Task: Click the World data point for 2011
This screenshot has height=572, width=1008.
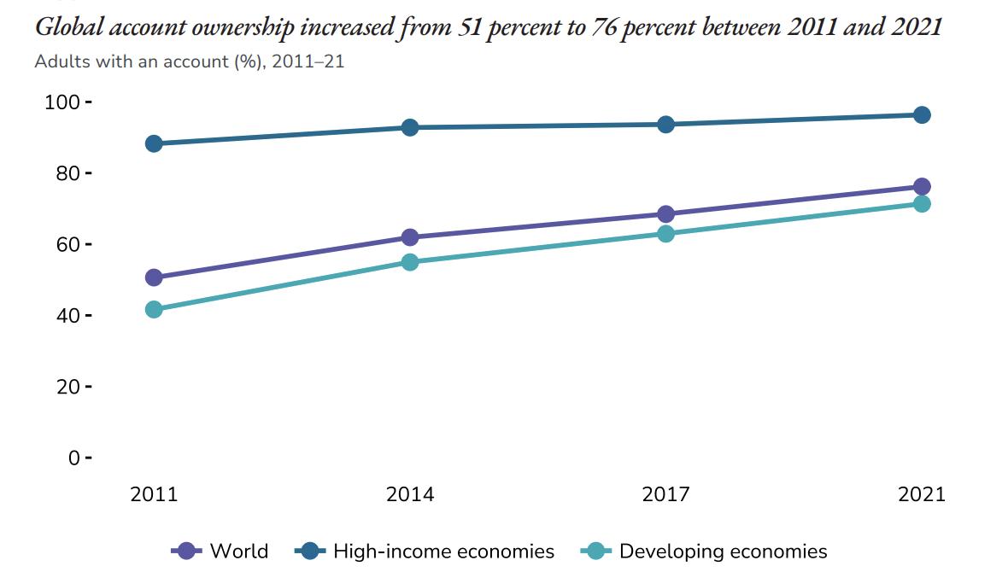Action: (x=154, y=277)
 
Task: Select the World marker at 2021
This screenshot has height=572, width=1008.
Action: (x=922, y=187)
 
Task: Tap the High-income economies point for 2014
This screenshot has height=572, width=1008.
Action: (x=410, y=127)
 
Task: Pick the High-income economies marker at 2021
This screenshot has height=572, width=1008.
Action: (x=922, y=114)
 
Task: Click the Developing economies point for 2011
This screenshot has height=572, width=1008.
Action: (x=154, y=309)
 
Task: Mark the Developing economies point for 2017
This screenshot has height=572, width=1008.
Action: (x=665, y=233)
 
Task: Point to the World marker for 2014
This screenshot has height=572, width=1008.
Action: (x=410, y=237)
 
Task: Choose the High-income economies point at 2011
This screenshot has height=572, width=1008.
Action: (x=154, y=143)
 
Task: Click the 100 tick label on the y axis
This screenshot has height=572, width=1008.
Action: (x=62, y=102)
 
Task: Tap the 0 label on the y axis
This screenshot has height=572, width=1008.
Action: (x=74, y=458)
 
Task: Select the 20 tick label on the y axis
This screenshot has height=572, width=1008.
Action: (x=67, y=388)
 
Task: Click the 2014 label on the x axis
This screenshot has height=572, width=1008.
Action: (x=410, y=494)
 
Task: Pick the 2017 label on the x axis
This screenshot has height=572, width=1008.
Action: (x=665, y=494)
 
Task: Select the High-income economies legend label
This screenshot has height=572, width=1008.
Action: (x=443, y=552)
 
